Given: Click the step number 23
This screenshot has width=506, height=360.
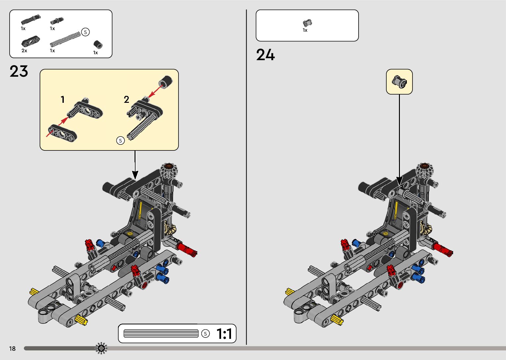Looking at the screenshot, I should [x=19, y=71].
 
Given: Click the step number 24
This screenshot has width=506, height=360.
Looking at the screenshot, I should [x=265, y=55].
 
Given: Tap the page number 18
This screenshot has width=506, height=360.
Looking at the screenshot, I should [x=12, y=348].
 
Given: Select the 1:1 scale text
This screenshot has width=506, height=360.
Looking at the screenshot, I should [x=224, y=334].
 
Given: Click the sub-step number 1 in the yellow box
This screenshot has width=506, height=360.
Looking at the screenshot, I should [x=62, y=99].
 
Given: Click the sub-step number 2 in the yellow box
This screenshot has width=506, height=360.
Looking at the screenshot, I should [x=126, y=99].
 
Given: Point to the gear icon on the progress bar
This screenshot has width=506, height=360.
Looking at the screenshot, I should [x=101, y=348].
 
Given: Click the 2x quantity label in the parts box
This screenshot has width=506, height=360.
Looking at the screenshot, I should [x=24, y=51].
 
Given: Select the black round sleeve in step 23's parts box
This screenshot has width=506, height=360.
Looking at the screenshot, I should [x=97, y=44].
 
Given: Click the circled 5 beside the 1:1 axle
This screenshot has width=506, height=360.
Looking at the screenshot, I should [x=205, y=334].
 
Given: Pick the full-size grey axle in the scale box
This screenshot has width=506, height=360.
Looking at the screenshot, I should [x=161, y=334].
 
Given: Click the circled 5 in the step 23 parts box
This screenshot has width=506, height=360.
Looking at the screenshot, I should [x=85, y=32].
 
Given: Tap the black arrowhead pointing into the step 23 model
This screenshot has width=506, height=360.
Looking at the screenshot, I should [x=135, y=175].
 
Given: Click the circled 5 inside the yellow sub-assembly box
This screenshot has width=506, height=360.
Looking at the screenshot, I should [x=120, y=140].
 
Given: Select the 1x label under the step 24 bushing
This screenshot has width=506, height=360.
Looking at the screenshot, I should [x=305, y=30].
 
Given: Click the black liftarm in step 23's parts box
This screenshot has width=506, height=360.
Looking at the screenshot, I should [x=30, y=41].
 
